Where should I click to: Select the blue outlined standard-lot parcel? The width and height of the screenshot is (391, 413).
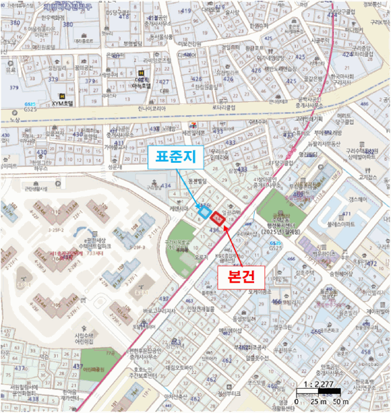tap(205, 212)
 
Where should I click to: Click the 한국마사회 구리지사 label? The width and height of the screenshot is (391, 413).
tap(342, 79)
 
